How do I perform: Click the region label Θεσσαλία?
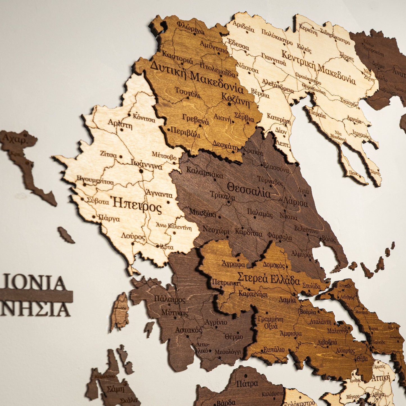point(249,190)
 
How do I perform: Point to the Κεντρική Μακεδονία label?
point(318,67)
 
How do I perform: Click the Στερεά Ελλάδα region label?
point(269,278)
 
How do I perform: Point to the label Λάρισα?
point(296,202)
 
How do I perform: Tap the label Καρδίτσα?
point(249,233)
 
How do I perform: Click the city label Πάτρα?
point(247,384)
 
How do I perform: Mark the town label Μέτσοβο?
point(164,156)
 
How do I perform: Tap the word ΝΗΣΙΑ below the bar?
point(35,309)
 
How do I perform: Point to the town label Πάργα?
point(109,218)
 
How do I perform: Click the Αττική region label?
point(381,378)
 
